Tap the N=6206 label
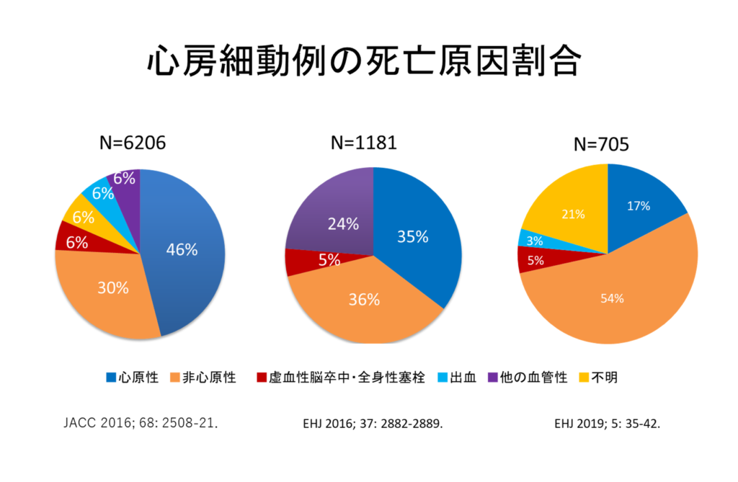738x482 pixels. pyautogui.click(x=132, y=143)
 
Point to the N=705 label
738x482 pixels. pyautogui.click(x=601, y=144)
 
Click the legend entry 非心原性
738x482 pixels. pyautogui.click(x=203, y=378)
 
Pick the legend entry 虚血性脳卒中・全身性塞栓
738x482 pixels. pyautogui.click(x=339, y=378)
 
